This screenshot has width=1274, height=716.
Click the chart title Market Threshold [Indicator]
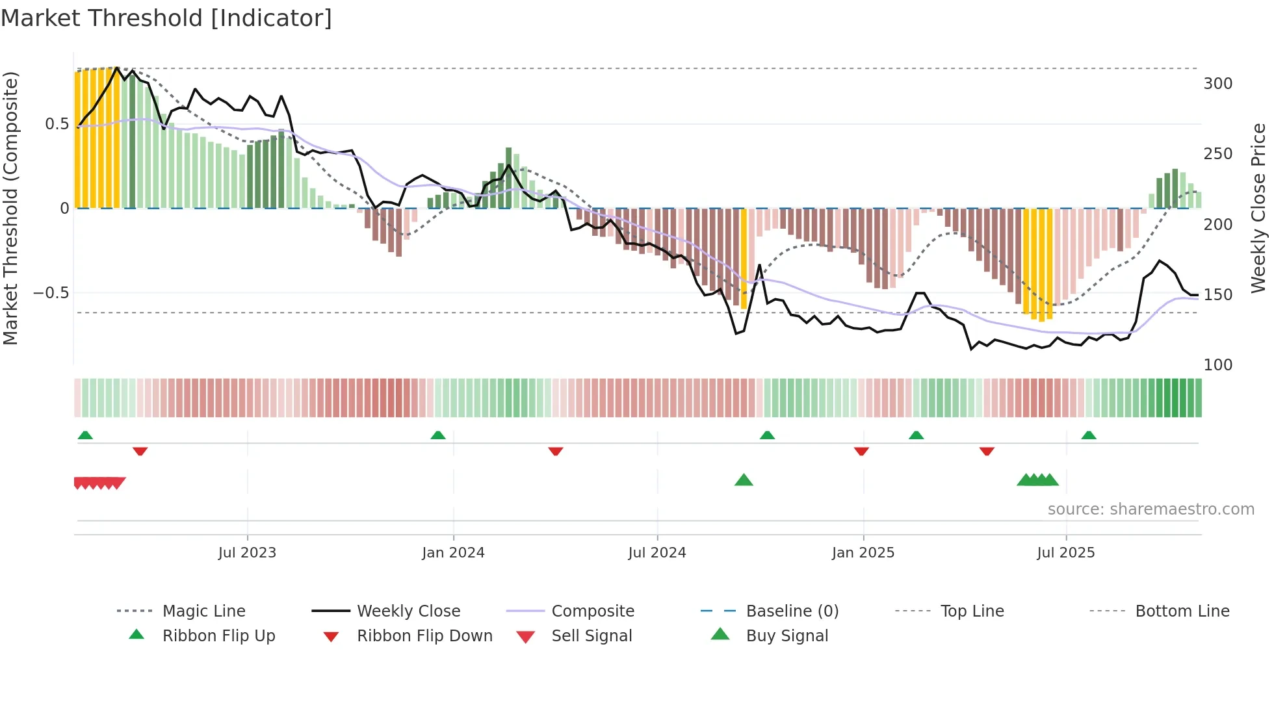pyautogui.click(x=166, y=18)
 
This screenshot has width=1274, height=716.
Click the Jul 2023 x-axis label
pyautogui.click(x=247, y=553)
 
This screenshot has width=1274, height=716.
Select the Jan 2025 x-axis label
pyautogui.click(x=863, y=553)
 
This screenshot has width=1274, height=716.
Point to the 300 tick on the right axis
pyautogui.click(x=1217, y=84)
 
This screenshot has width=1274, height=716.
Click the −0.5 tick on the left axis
pyautogui.click(x=51, y=293)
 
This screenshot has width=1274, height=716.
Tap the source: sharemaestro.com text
pyautogui.click(x=1150, y=509)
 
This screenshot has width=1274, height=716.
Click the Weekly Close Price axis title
pyautogui.click(x=1258, y=208)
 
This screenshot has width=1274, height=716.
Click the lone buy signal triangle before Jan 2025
pyautogui.click(x=744, y=480)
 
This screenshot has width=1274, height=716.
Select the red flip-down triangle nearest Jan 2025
pyautogui.click(x=861, y=451)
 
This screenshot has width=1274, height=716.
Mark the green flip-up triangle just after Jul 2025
pyautogui.click(x=1089, y=435)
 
